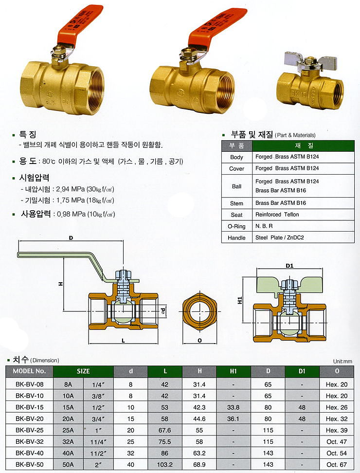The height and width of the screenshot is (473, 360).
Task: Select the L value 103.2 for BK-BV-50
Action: tap(166, 464)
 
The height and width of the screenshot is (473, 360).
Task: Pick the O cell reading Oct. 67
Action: tap(336, 464)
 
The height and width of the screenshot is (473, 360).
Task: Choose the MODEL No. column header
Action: tap(29, 371)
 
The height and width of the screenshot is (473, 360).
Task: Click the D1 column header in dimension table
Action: tap(302, 371)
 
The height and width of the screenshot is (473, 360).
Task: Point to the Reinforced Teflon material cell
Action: tap(277, 215)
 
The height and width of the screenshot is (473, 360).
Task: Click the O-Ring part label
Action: tap(236, 226)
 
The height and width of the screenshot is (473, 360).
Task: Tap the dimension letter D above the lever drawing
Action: tap(71, 238)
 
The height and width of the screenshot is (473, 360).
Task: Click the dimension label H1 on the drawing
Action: tap(240, 302)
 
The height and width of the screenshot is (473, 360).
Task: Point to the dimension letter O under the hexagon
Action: tap(199, 340)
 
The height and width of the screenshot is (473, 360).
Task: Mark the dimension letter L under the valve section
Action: tap(123, 341)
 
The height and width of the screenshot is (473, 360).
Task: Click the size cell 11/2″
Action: tap(98, 453)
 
